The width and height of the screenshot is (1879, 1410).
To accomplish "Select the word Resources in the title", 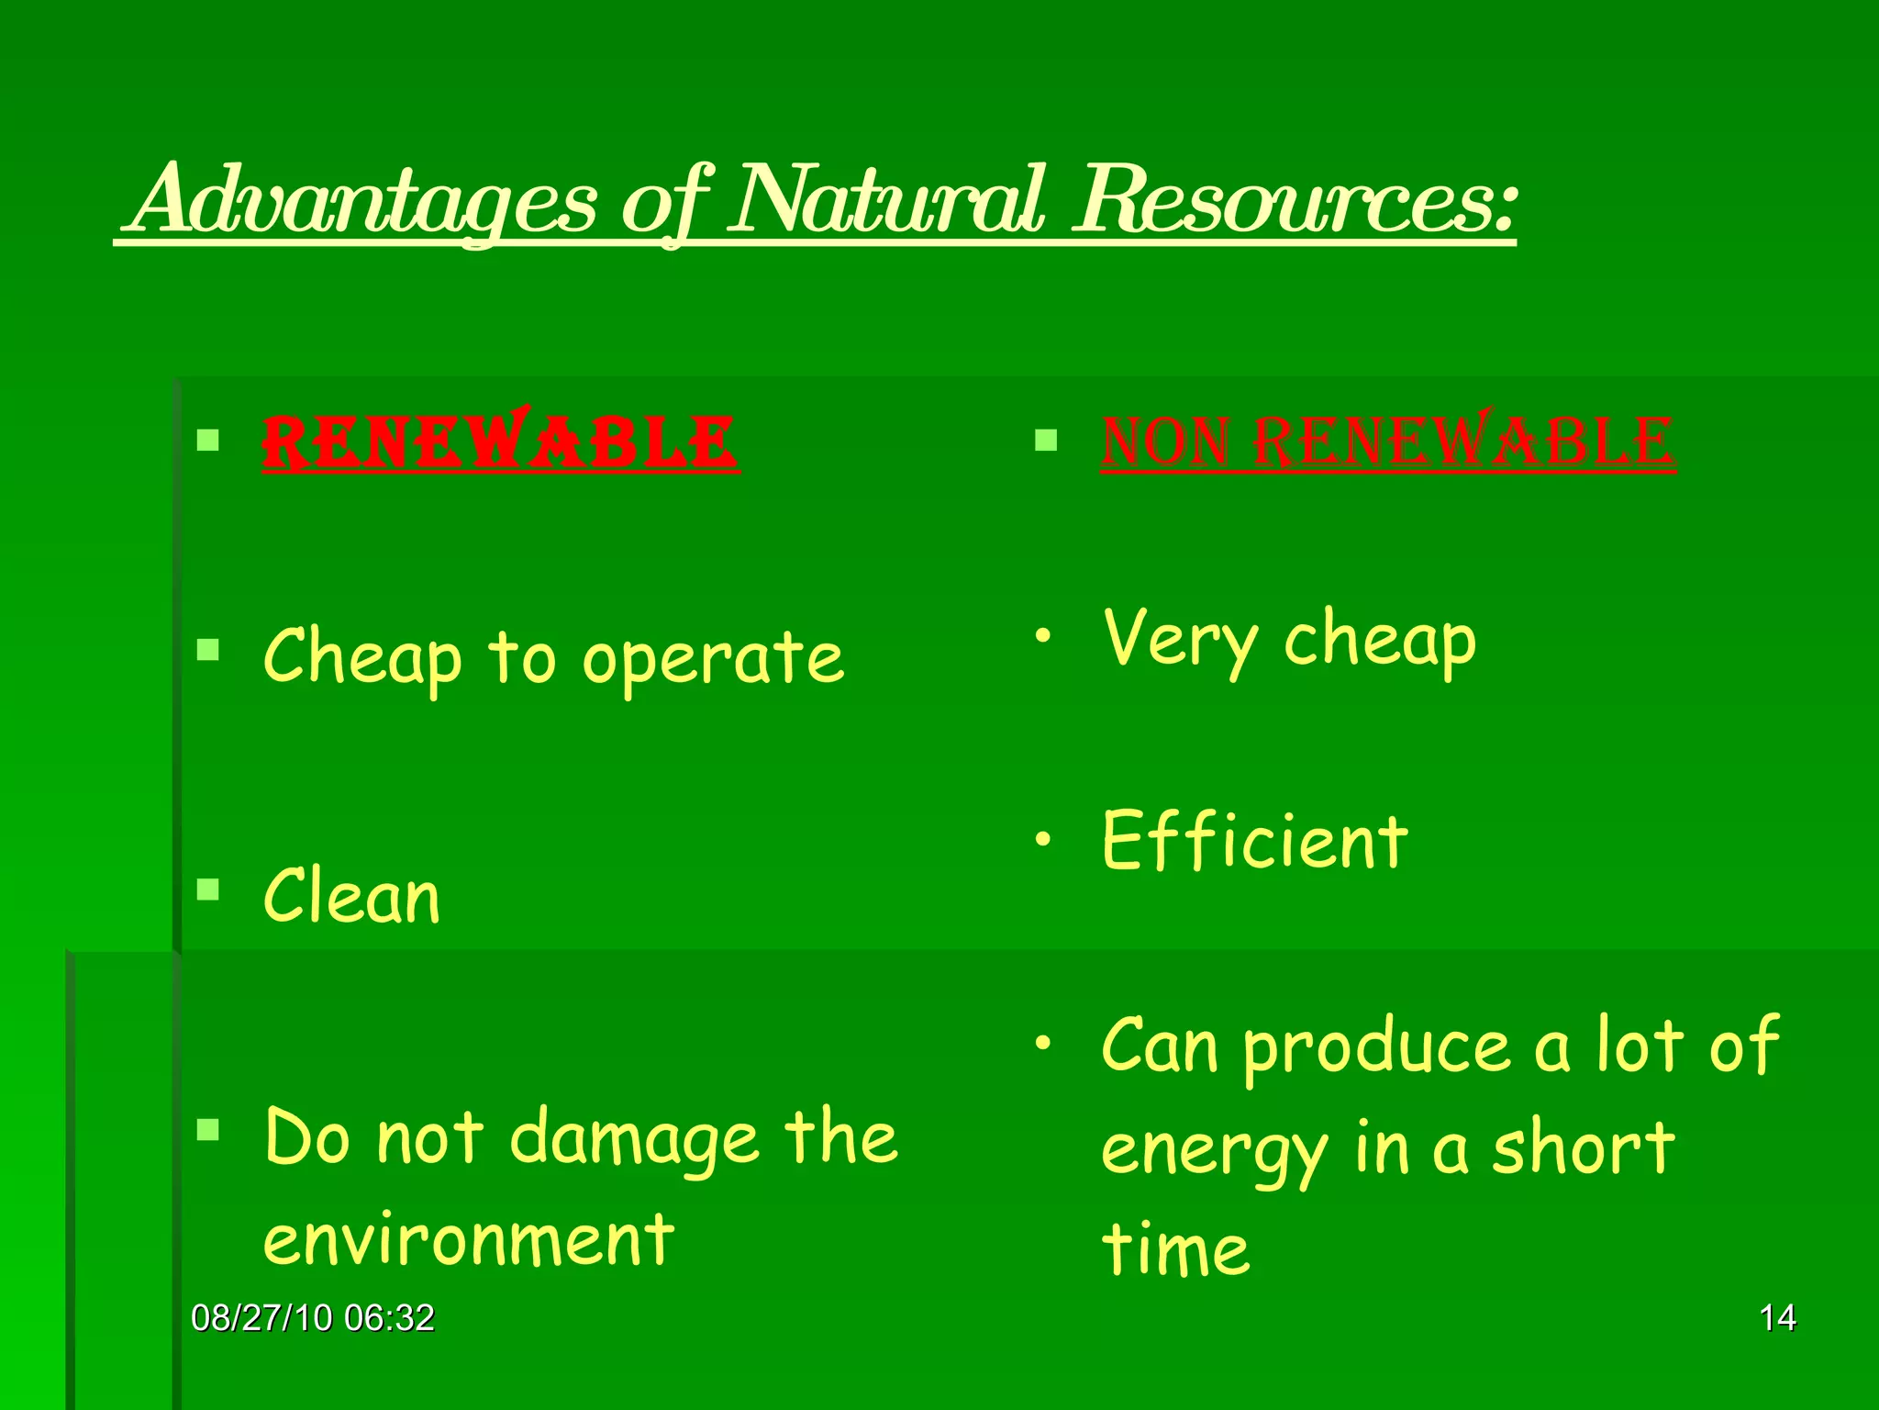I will click(1294, 200).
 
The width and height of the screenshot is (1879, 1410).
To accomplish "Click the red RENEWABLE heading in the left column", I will click(500, 442).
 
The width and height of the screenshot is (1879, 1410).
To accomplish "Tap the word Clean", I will click(351, 897).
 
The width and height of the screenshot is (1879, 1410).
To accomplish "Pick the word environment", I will click(469, 1240).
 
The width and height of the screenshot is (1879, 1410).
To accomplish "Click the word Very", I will click(1181, 640).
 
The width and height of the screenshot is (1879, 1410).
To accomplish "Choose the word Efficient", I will click(1254, 842).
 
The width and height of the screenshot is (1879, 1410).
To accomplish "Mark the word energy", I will click(1214, 1151).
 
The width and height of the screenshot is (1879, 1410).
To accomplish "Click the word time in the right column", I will click(1175, 1249).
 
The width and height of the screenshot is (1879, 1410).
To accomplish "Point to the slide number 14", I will click(1777, 1318).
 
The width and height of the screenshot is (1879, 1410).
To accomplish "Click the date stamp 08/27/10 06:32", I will click(313, 1318).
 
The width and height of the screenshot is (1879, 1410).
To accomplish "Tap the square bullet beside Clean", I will click(208, 889).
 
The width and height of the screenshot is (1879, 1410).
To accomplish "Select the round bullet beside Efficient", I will click(1043, 838).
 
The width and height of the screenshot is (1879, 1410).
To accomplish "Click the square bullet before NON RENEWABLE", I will click(1046, 441).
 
